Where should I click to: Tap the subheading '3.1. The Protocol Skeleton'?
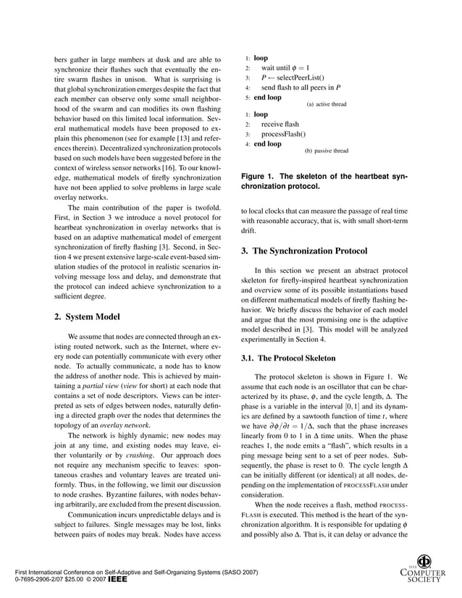(x=287, y=358)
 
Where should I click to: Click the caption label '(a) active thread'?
(x=327, y=104)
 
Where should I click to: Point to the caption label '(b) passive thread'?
(x=326, y=151)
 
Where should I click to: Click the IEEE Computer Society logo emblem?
(x=425, y=562)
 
